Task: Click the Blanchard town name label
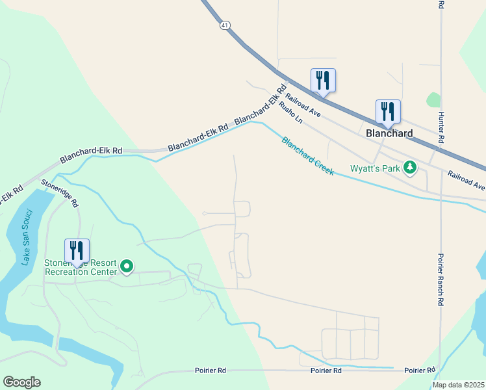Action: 389,133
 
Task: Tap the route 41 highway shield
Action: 224,25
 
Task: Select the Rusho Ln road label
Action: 290,111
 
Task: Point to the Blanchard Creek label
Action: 307,156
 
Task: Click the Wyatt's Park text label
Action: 375,168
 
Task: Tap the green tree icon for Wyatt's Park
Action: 409,168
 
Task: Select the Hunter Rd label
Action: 441,127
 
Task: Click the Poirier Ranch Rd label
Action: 441,279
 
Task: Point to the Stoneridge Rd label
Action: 60,193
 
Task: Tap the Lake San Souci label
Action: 26,237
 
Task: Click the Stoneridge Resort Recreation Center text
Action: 79,267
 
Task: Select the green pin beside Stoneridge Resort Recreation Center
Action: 127,266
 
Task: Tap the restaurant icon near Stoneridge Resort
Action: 77,250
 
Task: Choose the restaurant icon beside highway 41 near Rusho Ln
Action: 323,81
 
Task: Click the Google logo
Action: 21,382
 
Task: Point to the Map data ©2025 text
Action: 457,385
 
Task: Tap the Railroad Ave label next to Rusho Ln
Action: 303,103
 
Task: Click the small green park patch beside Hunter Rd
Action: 433,100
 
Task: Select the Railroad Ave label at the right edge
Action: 466,180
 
